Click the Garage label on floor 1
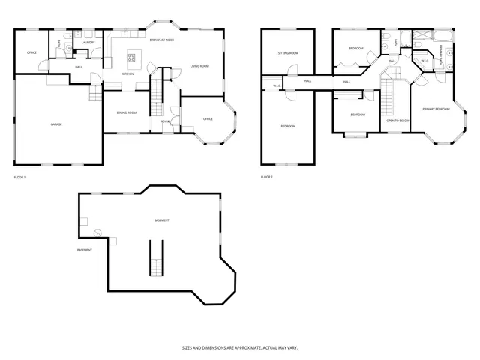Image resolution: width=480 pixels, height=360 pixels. [x=56, y=124]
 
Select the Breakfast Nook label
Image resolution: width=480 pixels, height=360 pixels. [x=161, y=40]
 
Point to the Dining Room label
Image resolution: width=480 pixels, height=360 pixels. [x=126, y=112]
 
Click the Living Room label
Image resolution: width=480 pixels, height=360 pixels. [x=199, y=66]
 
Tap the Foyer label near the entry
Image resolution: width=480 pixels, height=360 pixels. [x=164, y=121]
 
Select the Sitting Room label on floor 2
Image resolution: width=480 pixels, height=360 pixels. [x=289, y=53]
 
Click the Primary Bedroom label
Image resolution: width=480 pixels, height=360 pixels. [x=436, y=109]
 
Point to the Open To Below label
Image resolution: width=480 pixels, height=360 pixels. [x=397, y=120]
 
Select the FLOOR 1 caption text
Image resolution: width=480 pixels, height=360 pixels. [x=20, y=177]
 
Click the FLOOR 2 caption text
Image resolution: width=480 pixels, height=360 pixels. [x=267, y=177]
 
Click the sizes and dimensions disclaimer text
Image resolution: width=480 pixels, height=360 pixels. [x=240, y=347]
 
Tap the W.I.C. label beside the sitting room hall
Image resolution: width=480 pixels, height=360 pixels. [x=277, y=85]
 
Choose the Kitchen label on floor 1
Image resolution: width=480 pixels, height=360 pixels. [x=127, y=74]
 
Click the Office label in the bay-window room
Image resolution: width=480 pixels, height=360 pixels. [x=208, y=119]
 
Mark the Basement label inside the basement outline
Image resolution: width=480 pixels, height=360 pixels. [x=161, y=220]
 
